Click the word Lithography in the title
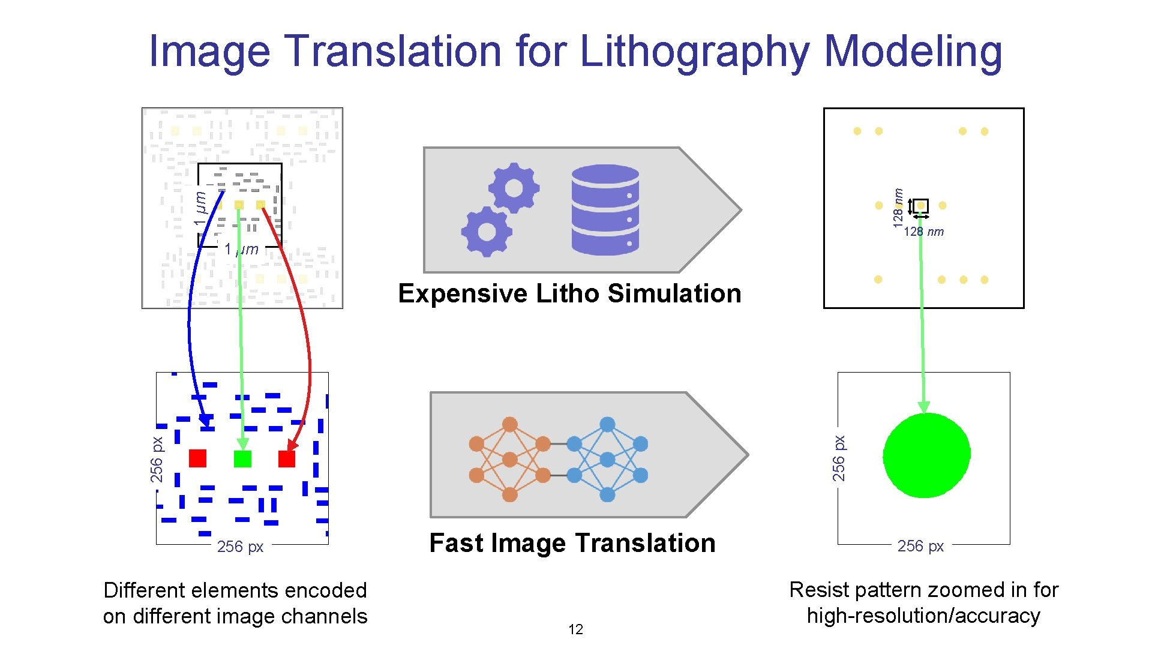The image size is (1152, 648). pos(696,52)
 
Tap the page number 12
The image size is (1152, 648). pos(575,629)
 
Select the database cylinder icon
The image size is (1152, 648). pos(605,209)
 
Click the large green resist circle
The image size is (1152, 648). pos(926,455)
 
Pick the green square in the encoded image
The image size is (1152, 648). pos(242,458)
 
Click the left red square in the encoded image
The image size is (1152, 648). pos(197,458)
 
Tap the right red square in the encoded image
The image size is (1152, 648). pos(287,458)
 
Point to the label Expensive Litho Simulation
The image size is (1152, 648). pos(569,293)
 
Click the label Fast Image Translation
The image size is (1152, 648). pos(572,543)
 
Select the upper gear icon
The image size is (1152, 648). pos(514,188)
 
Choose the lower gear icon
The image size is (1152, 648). pos(487,231)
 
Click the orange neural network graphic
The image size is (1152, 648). pos(509,460)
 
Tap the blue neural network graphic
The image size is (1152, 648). pos(607,460)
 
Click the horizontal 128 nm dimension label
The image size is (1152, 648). pos(923,232)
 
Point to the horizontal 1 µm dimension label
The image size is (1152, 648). pos(241,249)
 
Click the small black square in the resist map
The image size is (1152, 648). pos(920,206)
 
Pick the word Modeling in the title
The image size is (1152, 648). pos(913,52)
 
